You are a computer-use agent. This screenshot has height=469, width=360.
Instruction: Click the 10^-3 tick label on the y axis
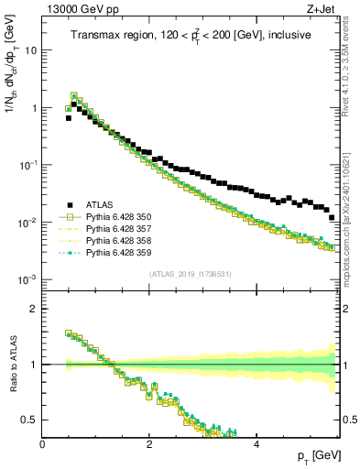click(28, 279)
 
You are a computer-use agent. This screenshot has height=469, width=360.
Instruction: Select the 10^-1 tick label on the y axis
click(28, 165)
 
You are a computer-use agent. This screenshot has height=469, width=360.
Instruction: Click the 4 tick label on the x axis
click(256, 442)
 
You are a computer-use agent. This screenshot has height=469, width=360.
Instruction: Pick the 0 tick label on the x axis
click(43, 442)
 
